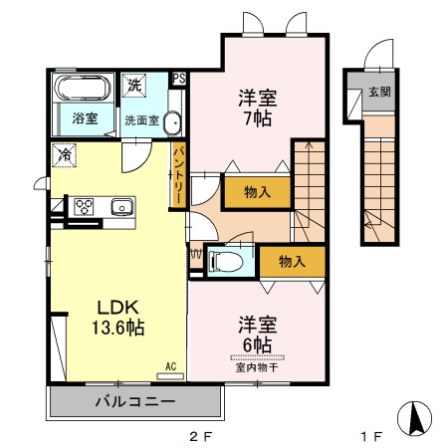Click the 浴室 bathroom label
(x=85, y=119)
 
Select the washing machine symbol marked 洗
(x=134, y=87)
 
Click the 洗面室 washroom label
(x=140, y=120)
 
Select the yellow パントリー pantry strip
(x=178, y=174)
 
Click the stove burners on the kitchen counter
(x=83, y=207)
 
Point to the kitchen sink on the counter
(x=121, y=207)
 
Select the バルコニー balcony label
(x=135, y=402)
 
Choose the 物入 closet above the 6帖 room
(x=292, y=261)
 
